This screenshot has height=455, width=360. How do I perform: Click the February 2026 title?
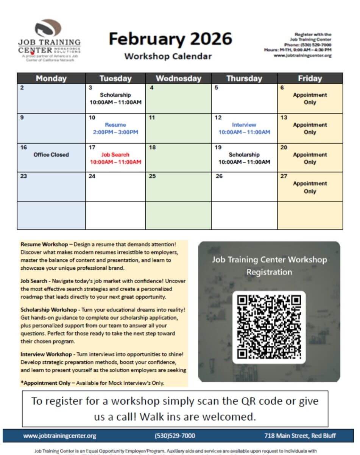click(x=170, y=39)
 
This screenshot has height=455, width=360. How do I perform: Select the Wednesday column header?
click(x=178, y=79)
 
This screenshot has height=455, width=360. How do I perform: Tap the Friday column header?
click(x=310, y=79)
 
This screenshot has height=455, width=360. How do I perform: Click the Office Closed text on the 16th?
click(x=51, y=155)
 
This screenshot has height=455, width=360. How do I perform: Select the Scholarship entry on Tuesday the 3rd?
click(x=115, y=95)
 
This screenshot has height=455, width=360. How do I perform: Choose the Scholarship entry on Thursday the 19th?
click(x=244, y=155)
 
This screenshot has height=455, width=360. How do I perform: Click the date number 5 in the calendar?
click(x=217, y=88)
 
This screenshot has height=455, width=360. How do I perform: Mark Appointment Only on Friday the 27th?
click(x=310, y=187)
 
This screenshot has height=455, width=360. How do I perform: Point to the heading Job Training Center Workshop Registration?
click(x=269, y=266)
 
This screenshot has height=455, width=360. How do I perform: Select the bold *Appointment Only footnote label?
click(x=45, y=383)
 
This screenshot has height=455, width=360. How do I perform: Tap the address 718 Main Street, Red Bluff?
click(x=300, y=436)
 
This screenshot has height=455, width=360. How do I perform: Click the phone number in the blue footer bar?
click(x=175, y=436)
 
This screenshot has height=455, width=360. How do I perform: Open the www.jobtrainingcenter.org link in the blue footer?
click(x=60, y=436)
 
